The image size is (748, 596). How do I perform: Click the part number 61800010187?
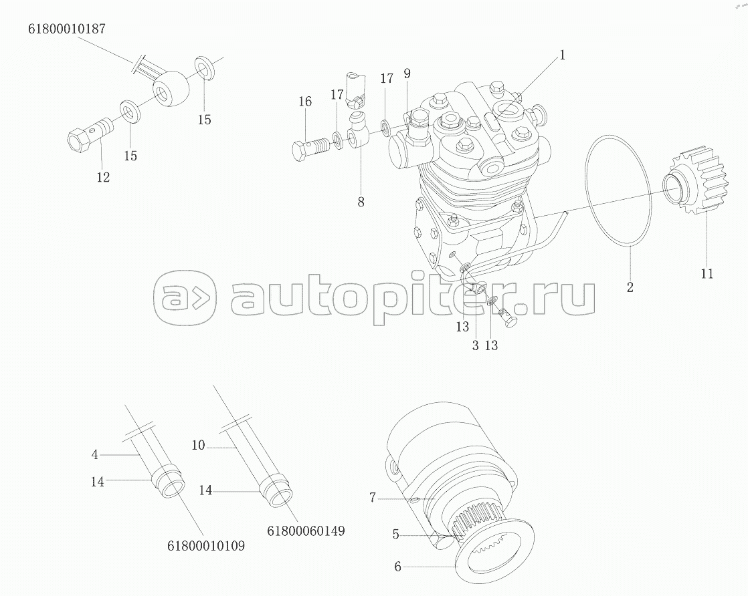(66, 29)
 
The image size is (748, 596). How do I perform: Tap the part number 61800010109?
(206, 546)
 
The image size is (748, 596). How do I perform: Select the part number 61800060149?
(306, 531)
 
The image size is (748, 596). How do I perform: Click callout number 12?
(102, 177)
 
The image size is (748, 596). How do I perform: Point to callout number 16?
(305, 102)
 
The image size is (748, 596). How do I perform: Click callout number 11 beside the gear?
(707, 273)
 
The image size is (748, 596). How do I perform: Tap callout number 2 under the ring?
(630, 288)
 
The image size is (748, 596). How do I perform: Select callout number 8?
(361, 202)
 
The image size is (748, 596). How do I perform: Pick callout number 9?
(407, 73)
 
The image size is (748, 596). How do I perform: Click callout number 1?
(563, 55)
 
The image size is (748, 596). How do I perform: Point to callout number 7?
(373, 496)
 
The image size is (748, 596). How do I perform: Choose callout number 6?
(397, 567)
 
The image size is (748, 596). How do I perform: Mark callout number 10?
(198, 445)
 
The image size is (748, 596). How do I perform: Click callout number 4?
(95, 455)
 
